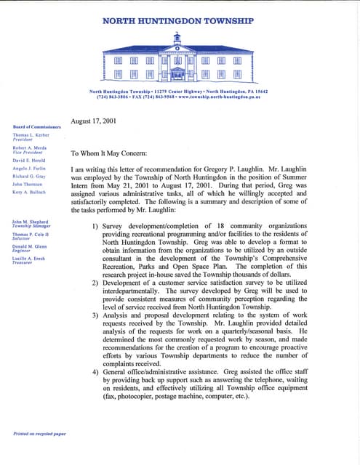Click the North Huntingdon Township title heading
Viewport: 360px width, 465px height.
coord(177,21)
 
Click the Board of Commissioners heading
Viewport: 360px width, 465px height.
coord(37,127)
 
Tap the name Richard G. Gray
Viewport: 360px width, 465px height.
coord(30,177)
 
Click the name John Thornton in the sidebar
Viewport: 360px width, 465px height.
coord(27,185)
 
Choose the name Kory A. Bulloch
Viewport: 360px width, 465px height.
coord(30,193)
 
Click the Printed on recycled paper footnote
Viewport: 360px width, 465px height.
coord(40,434)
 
